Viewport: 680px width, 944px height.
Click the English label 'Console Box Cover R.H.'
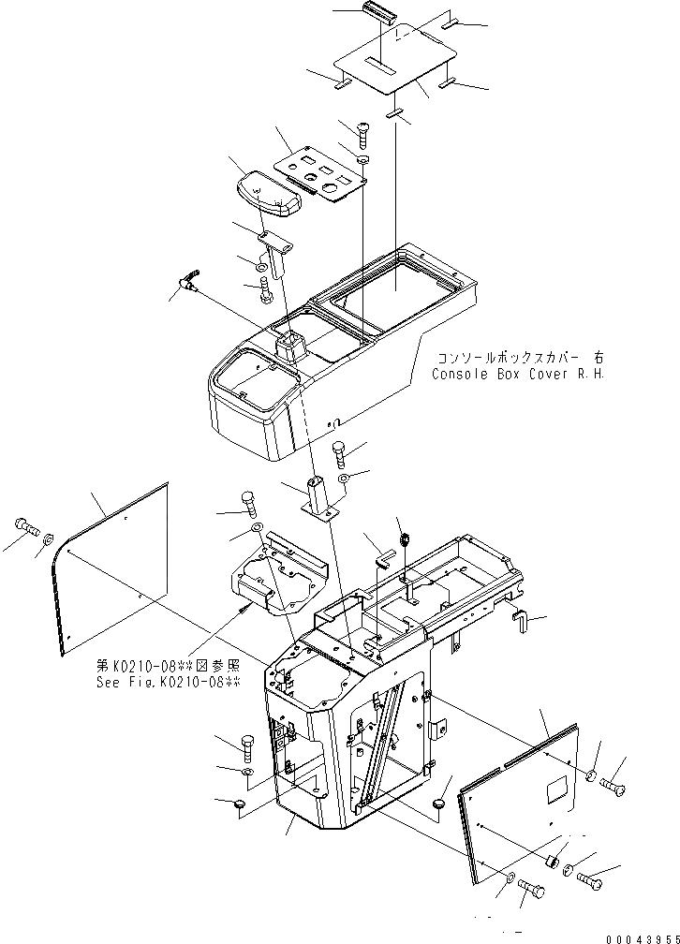tap(518, 374)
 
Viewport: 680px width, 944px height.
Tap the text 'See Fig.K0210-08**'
tap(169, 682)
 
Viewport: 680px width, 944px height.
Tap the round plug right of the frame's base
tap(440, 804)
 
